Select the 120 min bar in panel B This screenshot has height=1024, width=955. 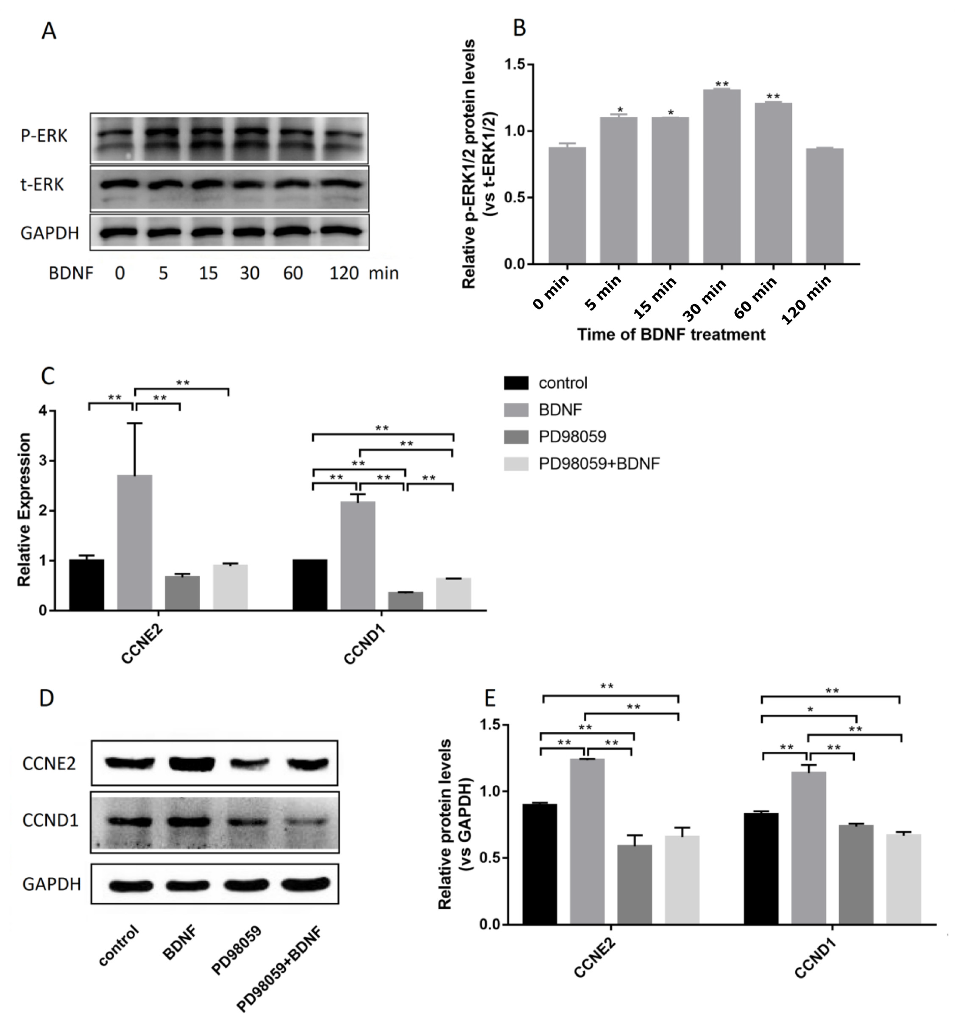click(x=825, y=206)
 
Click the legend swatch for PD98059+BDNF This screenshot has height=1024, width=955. click(x=516, y=464)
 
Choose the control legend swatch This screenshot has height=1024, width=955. click(x=516, y=383)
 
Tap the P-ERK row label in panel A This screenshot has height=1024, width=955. click(x=44, y=136)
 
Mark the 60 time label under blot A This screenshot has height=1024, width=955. click(x=293, y=273)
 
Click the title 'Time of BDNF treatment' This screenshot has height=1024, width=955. click(x=671, y=335)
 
